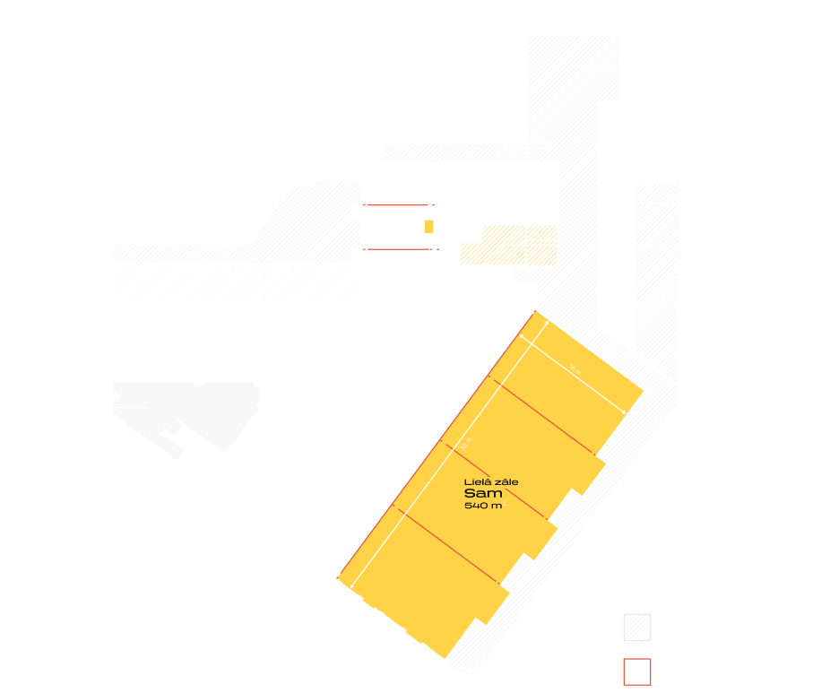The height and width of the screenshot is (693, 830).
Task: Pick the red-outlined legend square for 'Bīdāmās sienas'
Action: coord(636,671)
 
